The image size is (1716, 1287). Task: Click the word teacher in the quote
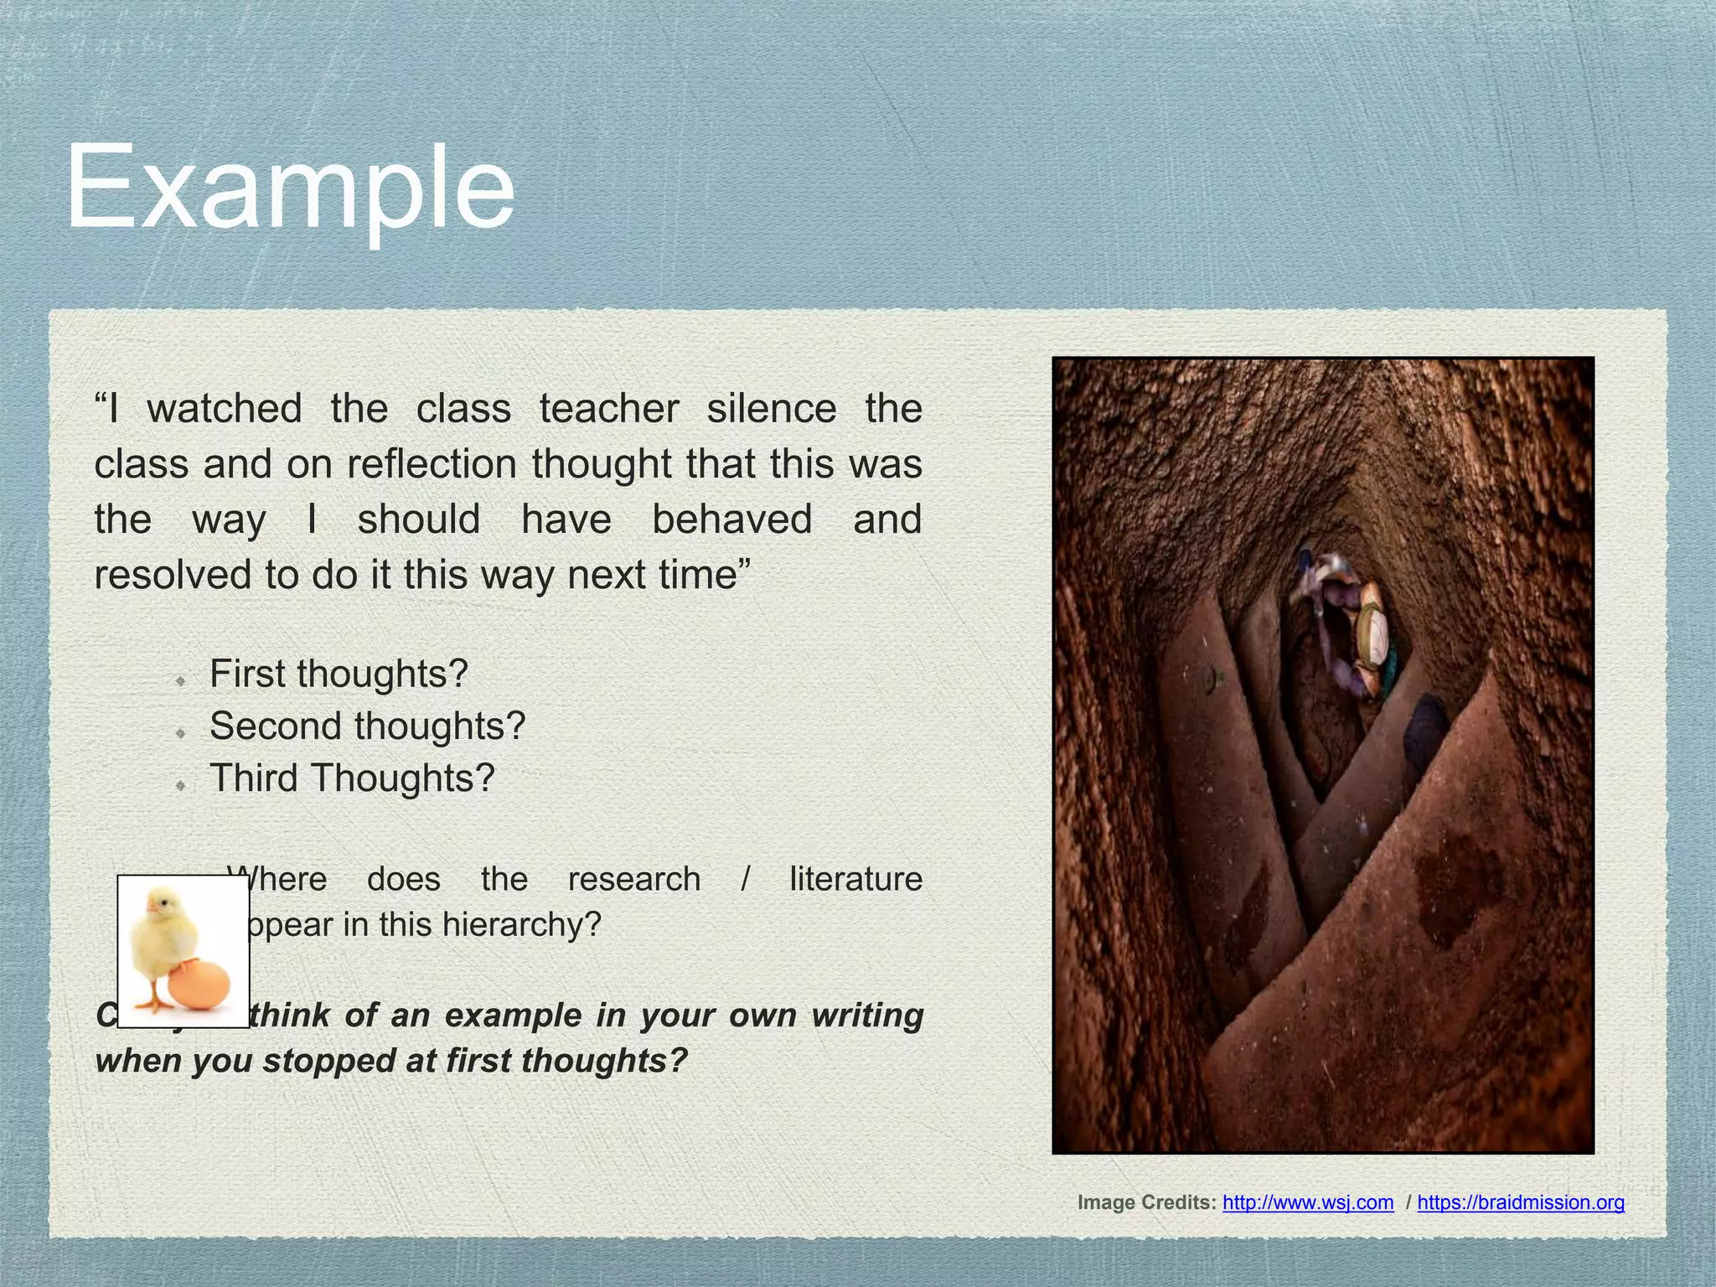pyautogui.click(x=609, y=409)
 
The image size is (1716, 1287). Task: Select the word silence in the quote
pyautogui.click(x=771, y=409)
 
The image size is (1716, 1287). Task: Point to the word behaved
pyautogui.click(x=731, y=519)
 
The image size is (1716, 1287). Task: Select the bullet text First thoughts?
pyautogui.click(x=339, y=674)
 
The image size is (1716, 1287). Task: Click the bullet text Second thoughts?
pyautogui.click(x=367, y=726)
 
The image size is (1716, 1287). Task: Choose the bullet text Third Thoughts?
pyautogui.click(x=352, y=778)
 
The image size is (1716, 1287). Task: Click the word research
pyautogui.click(x=634, y=880)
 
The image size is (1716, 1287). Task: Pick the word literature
pyautogui.click(x=855, y=880)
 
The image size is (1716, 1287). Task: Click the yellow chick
pyautogui.click(x=163, y=934)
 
